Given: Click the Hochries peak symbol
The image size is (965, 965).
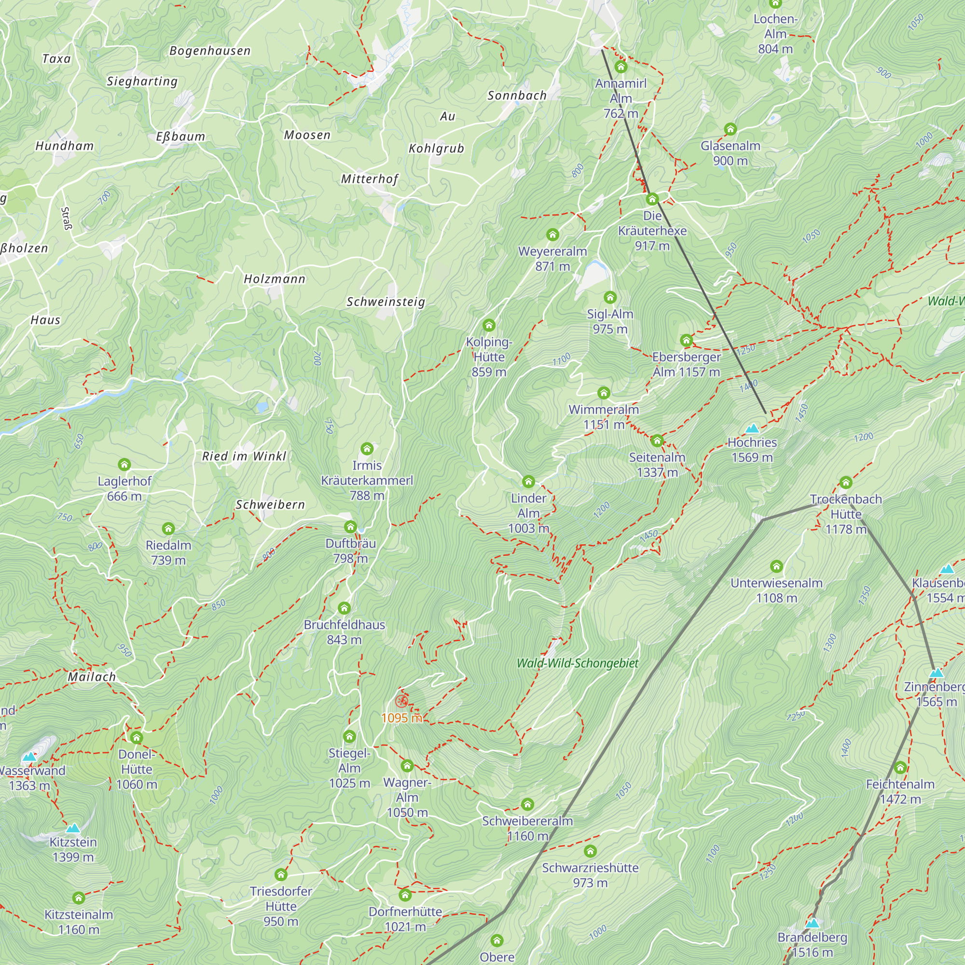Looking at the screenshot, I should point(752,428).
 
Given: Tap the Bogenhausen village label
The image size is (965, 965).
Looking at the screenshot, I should point(210,51).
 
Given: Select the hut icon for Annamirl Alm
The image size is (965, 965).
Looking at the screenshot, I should point(621,67).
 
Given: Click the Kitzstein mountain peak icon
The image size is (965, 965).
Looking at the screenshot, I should point(73,828).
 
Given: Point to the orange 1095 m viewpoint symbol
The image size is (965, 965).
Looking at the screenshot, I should point(401,701).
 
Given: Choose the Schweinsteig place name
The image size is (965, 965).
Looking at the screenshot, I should point(386,302).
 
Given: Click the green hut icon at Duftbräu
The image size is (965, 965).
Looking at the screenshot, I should point(350,527).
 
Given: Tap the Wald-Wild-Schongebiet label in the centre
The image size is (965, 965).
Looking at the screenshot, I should point(578,663).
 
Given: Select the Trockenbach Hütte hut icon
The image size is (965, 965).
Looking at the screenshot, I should point(846,482).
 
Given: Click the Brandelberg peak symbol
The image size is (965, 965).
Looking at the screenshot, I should point(813,923).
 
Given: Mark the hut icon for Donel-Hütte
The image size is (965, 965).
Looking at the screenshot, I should point(137,738).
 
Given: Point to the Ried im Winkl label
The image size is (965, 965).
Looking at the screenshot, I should point(244,456).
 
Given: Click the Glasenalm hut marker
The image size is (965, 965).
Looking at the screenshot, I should point(730,129).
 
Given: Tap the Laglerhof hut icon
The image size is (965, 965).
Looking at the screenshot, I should point(124,465).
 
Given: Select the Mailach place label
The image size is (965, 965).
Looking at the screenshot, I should point(91,677).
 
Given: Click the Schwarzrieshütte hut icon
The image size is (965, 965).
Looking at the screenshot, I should point(590,851).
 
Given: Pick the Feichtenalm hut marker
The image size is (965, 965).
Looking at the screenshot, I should point(900,767).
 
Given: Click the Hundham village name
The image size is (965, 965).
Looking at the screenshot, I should point(65,146).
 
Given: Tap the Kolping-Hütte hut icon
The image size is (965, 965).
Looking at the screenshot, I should point(489,326).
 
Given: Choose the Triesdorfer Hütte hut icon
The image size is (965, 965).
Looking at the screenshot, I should point(281,874).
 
